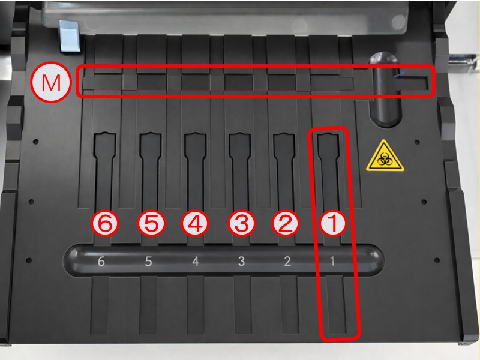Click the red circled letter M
(x=51, y=82)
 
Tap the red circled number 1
(x=333, y=223)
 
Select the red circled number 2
(x=286, y=223)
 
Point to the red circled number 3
(x=242, y=223)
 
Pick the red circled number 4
(x=196, y=223)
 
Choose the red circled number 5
(x=151, y=223)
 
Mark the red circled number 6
(x=105, y=223)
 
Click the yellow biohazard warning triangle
(x=385, y=157)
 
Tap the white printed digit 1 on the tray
(x=332, y=261)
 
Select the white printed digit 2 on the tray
(x=287, y=261)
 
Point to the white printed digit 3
(x=242, y=261)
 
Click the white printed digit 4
(x=196, y=261)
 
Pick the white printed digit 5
(x=148, y=261)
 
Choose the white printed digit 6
(x=101, y=261)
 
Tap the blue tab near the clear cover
(x=70, y=36)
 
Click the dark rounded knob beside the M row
(x=385, y=89)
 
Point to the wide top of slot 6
(x=104, y=145)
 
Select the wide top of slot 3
(x=241, y=145)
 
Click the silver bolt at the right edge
(x=462, y=61)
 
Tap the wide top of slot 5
(x=151, y=145)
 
